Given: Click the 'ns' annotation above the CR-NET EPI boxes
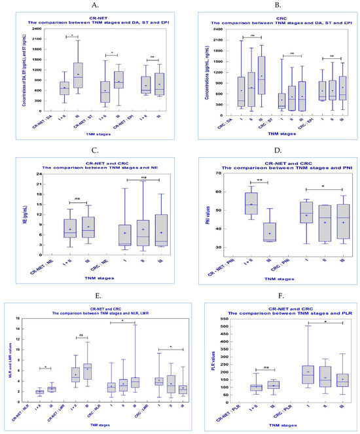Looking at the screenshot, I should [x=153, y=58].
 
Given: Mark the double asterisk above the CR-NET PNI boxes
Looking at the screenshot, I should [x=253, y=180].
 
